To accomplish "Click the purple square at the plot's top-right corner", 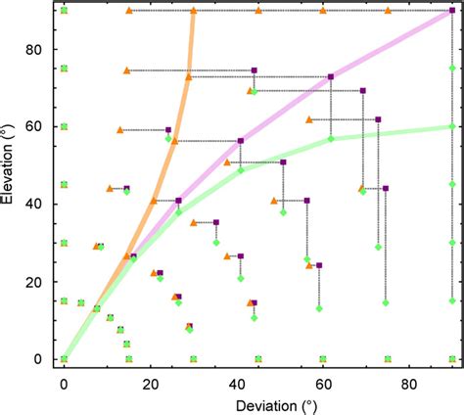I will click(451, 11).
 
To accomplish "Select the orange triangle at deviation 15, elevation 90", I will click(129, 11).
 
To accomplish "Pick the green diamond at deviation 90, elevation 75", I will click(451, 69).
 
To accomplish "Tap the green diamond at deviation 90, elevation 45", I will click(451, 184).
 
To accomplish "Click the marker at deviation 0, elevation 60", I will click(64, 126).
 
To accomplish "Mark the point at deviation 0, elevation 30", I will click(64, 243).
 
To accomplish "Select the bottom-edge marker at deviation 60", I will click(323, 359).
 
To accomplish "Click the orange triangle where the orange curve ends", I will click(193, 11).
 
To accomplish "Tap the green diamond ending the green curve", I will click(451, 126).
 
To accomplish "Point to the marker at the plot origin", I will click(64, 359).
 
